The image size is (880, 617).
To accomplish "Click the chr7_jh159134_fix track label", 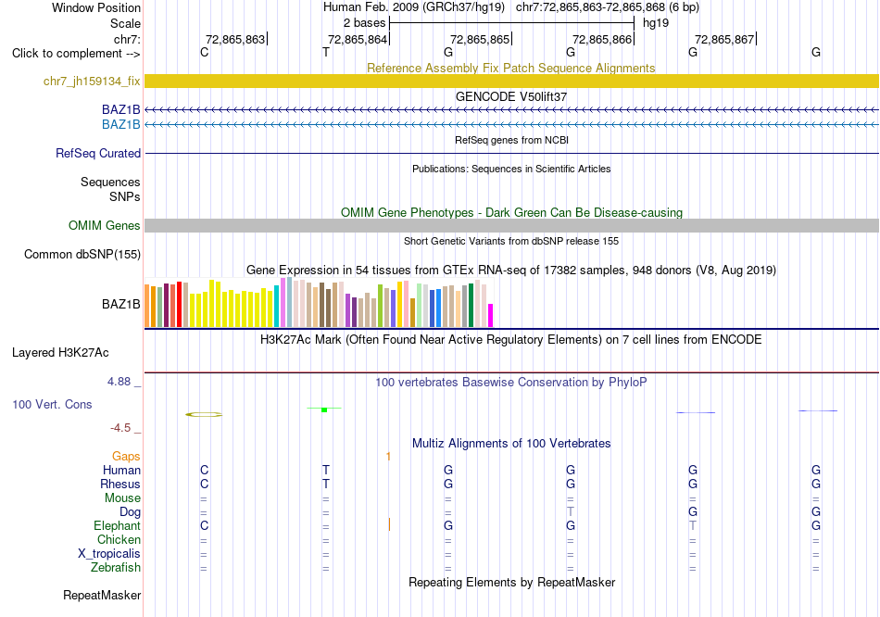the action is pyautogui.click(x=92, y=82).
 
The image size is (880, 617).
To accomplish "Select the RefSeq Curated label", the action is pyautogui.click(x=98, y=153).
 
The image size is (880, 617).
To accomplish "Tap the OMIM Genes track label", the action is pyautogui.click(x=105, y=226).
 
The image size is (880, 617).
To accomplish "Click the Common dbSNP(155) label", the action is pyautogui.click(x=82, y=255).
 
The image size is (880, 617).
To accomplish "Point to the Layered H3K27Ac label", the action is pyautogui.click(x=60, y=353).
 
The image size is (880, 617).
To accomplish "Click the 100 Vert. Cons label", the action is pyautogui.click(x=52, y=404).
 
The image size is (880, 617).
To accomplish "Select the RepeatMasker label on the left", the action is pyautogui.click(x=102, y=595).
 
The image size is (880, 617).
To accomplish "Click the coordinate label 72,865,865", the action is pyautogui.click(x=480, y=39).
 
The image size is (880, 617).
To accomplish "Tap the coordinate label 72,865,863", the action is pyautogui.click(x=235, y=39).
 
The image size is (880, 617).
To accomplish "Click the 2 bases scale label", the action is pyautogui.click(x=365, y=23).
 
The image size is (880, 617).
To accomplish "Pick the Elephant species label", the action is pyautogui.click(x=118, y=526).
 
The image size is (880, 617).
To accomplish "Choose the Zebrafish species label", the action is pyautogui.click(x=116, y=568).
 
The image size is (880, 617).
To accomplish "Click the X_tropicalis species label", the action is pyautogui.click(x=109, y=554).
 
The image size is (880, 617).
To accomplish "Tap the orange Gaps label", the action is pyautogui.click(x=126, y=457).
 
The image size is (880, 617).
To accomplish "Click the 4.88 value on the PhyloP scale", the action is pyautogui.click(x=119, y=382).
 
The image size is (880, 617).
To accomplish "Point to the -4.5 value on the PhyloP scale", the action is pyautogui.click(x=120, y=428).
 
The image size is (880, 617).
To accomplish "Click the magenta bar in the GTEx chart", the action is pyautogui.click(x=491, y=316).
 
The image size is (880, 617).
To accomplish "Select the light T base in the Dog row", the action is pyautogui.click(x=571, y=512).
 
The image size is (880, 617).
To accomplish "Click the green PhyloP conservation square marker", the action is pyautogui.click(x=324, y=409).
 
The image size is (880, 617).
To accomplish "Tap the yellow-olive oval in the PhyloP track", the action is pyautogui.click(x=204, y=415).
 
